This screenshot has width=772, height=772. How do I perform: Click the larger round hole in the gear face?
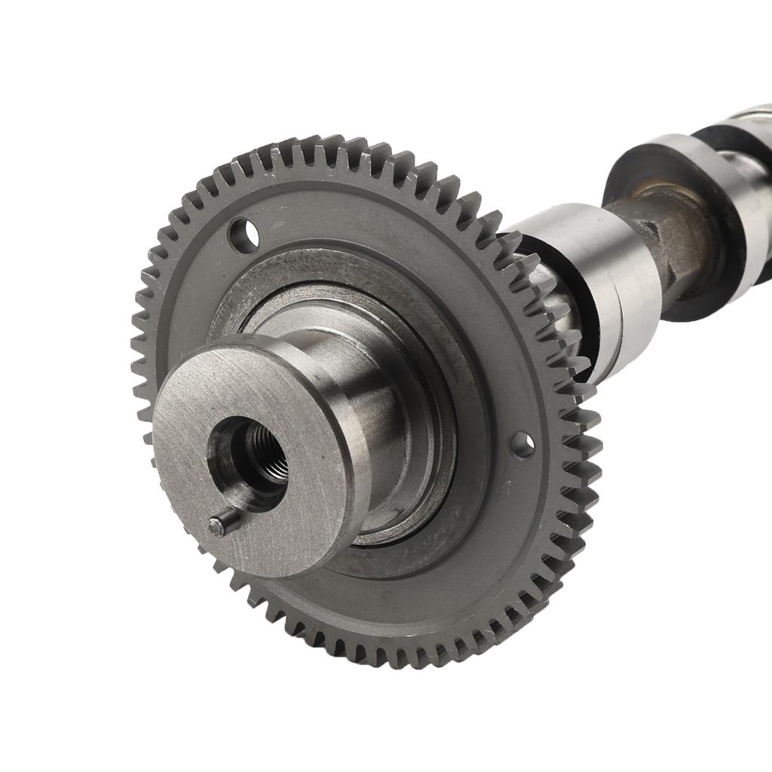click(243, 234)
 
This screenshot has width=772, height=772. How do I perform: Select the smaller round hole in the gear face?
click(522, 444)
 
